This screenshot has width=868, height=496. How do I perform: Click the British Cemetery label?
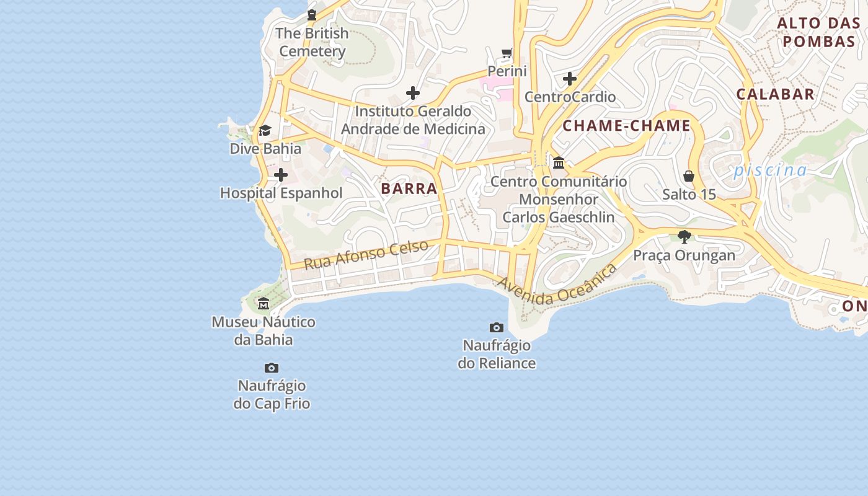point(312,42)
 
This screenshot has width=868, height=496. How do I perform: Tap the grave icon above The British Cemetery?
point(312,15)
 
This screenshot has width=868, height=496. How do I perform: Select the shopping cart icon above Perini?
point(507,53)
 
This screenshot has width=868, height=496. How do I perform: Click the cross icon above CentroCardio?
point(570,79)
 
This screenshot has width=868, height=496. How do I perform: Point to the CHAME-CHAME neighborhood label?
point(626,126)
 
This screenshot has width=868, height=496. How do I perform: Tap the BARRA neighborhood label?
point(409,189)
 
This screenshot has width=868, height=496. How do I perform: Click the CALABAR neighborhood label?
point(775,94)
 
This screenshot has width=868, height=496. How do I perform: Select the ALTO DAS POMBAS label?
point(818,33)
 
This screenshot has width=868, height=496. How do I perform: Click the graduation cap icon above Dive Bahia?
point(265,130)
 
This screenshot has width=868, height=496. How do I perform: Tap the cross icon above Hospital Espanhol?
point(281,175)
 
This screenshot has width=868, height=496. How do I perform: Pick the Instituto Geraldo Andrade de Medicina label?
point(413,120)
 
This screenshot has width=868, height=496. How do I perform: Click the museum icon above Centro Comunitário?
point(559,163)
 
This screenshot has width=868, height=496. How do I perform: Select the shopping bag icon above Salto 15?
point(689,176)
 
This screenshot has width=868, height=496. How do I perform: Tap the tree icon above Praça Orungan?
point(684,236)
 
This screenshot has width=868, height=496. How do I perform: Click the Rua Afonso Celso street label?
point(366,254)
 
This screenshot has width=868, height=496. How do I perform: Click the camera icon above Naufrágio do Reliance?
point(497,327)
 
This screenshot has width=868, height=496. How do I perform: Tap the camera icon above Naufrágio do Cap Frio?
point(272,368)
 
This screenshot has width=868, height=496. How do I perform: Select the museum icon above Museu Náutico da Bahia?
point(263,304)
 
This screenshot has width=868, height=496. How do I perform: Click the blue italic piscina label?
point(771,170)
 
